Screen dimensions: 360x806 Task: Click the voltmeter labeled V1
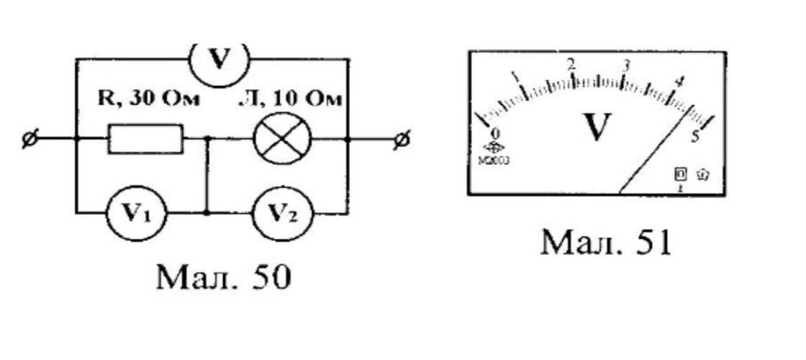click(x=136, y=214)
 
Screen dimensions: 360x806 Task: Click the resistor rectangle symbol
click(x=145, y=139)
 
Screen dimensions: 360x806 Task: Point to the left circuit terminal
click(x=30, y=139)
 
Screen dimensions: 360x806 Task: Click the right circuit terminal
click(x=403, y=139)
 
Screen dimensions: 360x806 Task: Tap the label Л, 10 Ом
click(x=291, y=99)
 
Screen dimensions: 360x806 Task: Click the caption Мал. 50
click(x=224, y=276)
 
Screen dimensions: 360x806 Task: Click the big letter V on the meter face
click(x=597, y=127)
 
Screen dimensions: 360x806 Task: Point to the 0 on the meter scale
click(x=495, y=134)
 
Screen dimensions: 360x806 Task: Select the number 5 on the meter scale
click(x=695, y=136)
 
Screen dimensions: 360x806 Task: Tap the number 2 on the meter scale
click(x=571, y=64)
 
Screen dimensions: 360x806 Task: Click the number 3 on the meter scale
click(x=626, y=66)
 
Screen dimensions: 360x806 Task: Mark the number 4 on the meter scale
click(x=678, y=81)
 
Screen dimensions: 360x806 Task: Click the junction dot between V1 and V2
click(x=207, y=214)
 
